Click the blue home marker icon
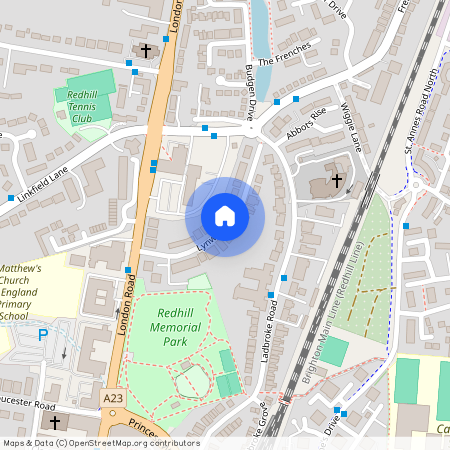pyautogui.click(x=224, y=216)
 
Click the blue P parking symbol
pyautogui.click(x=43, y=335)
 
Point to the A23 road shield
pyautogui.click(x=115, y=399)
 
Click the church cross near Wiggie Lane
pyautogui.click(x=337, y=181)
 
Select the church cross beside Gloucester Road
pyautogui.click(x=56, y=422)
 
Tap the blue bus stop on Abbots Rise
pyautogui.click(x=295, y=98)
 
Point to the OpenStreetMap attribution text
pyautogui.click(x=100, y=442)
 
